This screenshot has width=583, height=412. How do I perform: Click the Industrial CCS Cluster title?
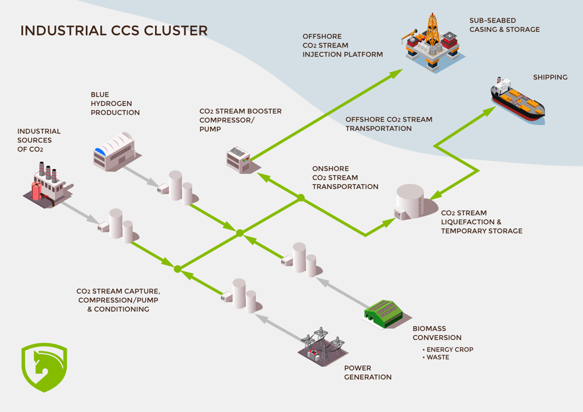click(x=113, y=30)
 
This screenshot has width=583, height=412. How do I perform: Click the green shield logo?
click(x=44, y=367)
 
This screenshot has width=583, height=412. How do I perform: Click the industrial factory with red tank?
click(x=48, y=183)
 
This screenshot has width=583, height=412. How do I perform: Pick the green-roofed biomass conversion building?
click(x=387, y=314)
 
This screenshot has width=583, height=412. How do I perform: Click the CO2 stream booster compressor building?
click(x=239, y=157)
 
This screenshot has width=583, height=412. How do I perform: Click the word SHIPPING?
click(x=550, y=77)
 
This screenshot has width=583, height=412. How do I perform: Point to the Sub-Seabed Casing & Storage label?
click(x=504, y=25)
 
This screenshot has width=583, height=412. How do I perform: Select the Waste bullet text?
click(x=438, y=358)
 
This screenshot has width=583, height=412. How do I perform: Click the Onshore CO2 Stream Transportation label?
click(x=345, y=177)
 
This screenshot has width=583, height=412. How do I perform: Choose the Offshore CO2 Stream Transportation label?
click(x=388, y=124)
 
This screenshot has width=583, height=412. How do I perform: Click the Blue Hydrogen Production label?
click(x=115, y=104)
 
